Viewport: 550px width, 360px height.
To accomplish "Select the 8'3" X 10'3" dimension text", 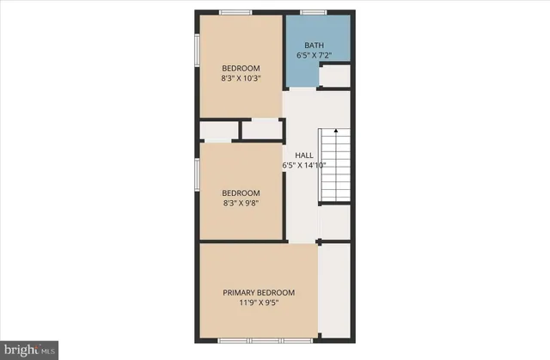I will point(241,78).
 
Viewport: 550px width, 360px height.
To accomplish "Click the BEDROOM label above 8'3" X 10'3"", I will point(241,68).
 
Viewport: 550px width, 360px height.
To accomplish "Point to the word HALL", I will point(304,155).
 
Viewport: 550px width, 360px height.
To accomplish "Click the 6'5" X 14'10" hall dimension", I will point(304,165).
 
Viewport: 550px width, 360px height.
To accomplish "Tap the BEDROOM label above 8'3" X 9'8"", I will point(241,192).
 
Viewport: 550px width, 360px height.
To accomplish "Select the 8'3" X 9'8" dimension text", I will point(241,204).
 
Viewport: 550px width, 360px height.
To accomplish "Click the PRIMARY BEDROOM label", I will point(259,292).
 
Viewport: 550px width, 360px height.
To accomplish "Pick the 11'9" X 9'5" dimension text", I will point(259,302).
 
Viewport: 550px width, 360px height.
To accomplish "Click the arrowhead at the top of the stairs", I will point(336,131).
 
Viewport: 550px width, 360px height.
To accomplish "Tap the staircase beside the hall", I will point(335,168).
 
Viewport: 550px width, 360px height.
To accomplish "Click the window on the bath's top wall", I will point(313,12).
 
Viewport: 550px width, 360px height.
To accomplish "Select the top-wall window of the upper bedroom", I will point(235,12).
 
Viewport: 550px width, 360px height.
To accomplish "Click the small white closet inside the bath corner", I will point(334,76).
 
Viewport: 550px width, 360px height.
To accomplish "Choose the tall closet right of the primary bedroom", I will point(334,290).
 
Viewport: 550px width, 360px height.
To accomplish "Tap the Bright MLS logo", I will point(28,349).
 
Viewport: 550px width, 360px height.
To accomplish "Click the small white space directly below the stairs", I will point(334,223).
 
